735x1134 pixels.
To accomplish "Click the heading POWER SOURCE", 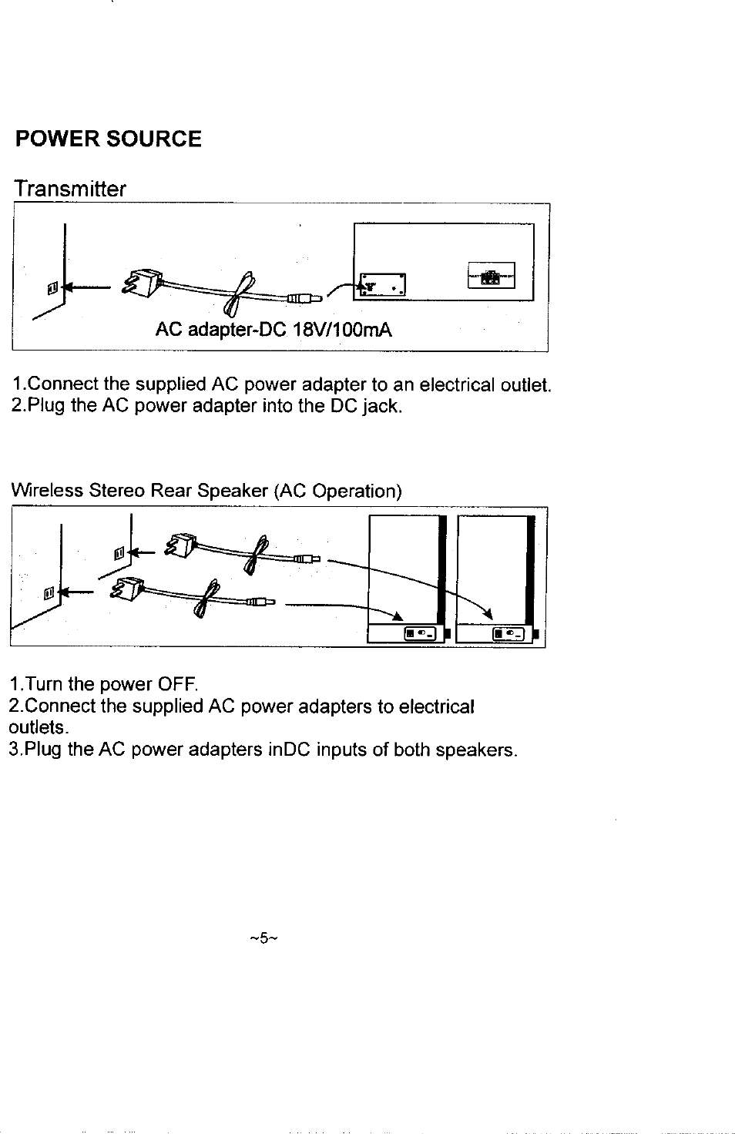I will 109,139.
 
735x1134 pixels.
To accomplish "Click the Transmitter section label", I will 69,190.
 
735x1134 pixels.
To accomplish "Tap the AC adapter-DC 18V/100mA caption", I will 274,331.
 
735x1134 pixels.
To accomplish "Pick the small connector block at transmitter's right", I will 491,275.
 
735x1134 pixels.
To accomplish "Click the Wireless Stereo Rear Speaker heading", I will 206,491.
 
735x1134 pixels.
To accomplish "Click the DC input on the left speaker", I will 421,633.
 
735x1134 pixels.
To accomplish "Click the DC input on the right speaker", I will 508,633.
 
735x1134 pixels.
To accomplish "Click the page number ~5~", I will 262,938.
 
